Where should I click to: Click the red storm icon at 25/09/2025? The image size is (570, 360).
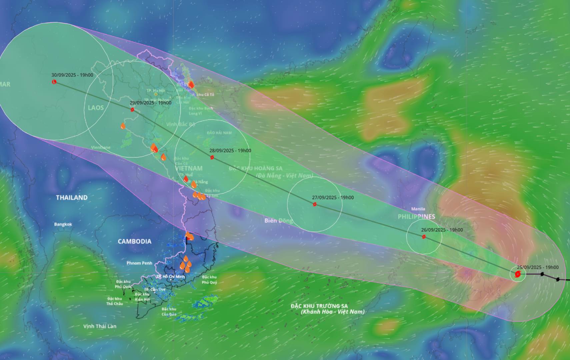(518, 274)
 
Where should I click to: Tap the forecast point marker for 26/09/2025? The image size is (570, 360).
(424, 237)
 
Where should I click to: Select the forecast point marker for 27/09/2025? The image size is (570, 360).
(314, 204)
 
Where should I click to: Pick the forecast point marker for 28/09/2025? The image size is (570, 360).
(212, 157)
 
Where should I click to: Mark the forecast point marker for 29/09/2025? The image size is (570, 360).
(132, 109)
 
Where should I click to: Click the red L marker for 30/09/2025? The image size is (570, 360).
(54, 82)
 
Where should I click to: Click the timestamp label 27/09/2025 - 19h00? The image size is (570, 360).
(333, 198)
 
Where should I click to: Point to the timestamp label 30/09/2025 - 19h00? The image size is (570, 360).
(72, 75)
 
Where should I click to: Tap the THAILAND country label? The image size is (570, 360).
(72, 198)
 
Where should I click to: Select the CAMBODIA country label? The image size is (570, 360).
(134, 241)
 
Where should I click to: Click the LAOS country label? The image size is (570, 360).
(96, 108)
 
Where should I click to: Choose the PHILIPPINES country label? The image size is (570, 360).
(416, 217)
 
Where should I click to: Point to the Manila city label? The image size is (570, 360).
(418, 209)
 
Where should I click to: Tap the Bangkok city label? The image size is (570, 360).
(63, 224)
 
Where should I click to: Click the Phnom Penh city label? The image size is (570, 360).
(139, 263)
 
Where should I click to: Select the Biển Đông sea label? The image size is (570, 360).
(279, 221)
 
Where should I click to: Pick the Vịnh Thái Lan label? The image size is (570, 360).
(100, 326)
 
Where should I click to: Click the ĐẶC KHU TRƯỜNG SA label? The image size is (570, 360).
(319, 306)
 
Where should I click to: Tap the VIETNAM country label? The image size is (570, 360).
(189, 168)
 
